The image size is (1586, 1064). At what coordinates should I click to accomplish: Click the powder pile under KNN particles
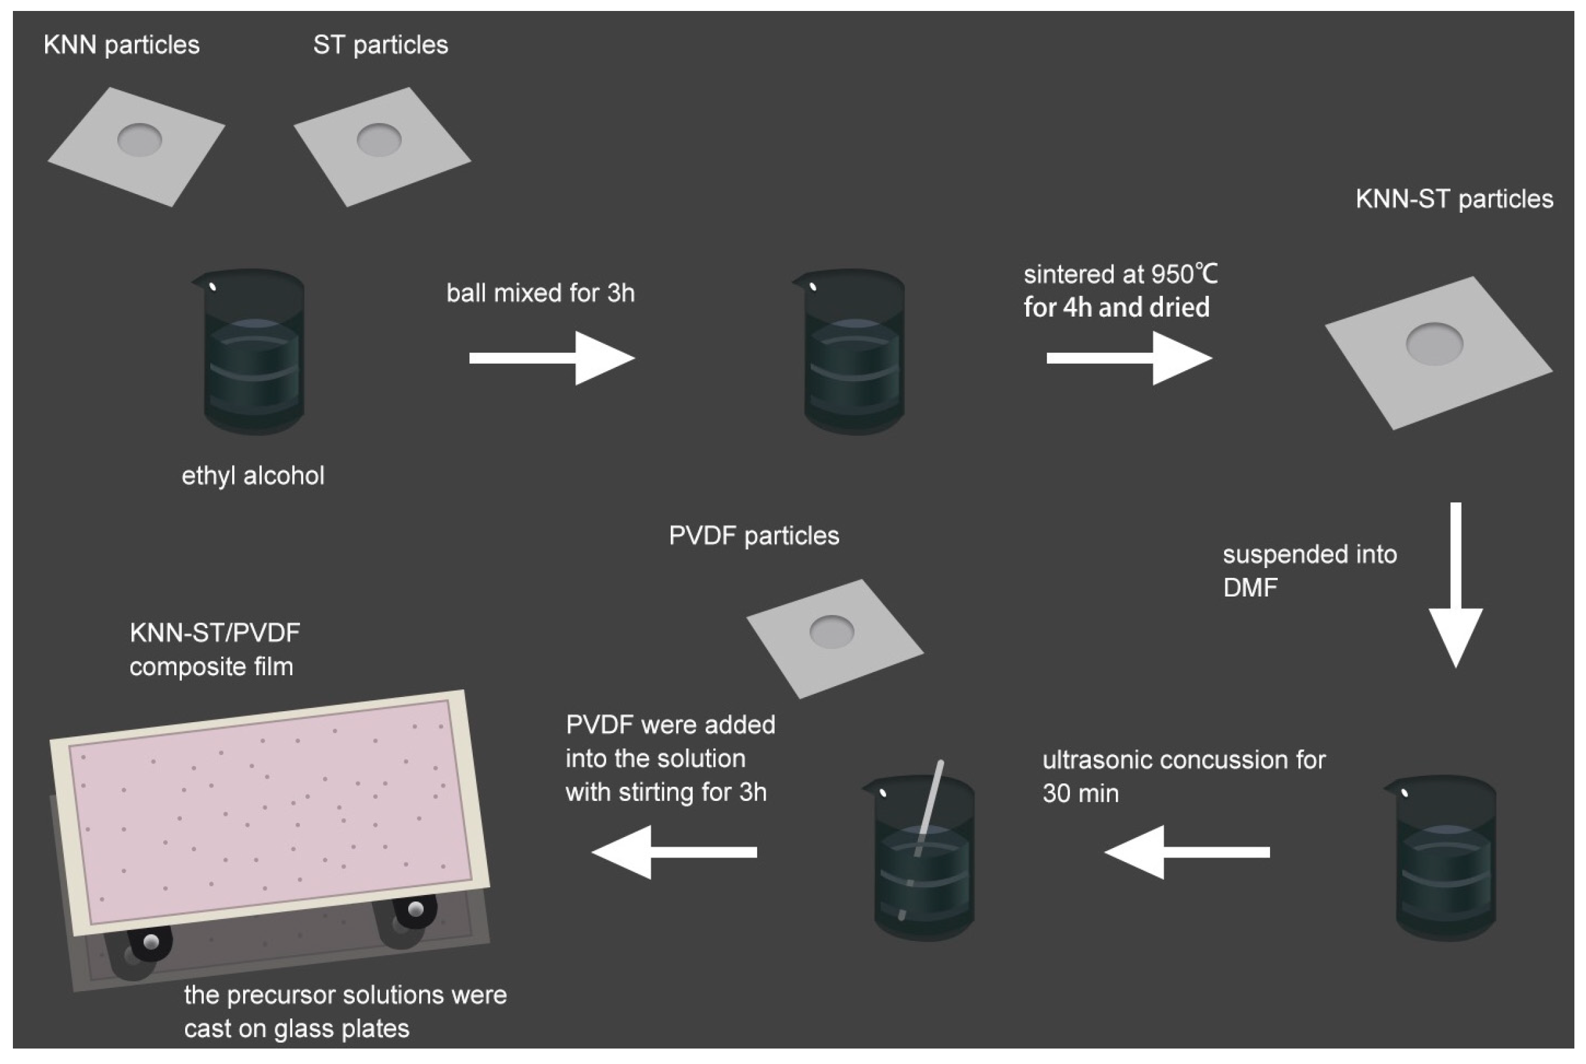click(x=139, y=140)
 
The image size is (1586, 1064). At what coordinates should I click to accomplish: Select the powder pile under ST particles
click(x=379, y=139)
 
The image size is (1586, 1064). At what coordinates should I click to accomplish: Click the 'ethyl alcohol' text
click(x=252, y=476)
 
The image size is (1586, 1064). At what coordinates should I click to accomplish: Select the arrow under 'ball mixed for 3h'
click(x=551, y=358)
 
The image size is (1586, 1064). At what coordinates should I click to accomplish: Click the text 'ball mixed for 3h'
click(x=540, y=293)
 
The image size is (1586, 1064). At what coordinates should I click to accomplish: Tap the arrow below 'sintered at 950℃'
click(x=1128, y=358)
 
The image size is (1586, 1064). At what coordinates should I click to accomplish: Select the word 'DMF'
click(x=1249, y=587)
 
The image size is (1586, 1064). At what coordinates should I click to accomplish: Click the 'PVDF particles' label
click(x=753, y=536)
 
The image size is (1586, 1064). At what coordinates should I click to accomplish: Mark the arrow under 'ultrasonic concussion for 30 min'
click(x=1186, y=852)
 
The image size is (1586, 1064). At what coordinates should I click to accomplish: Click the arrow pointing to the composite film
click(x=674, y=852)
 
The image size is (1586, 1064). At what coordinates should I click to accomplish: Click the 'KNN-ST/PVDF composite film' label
click(x=213, y=649)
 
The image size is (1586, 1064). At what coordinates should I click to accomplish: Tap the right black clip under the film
click(x=414, y=909)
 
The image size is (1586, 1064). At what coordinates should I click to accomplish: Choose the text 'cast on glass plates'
click(x=297, y=1029)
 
